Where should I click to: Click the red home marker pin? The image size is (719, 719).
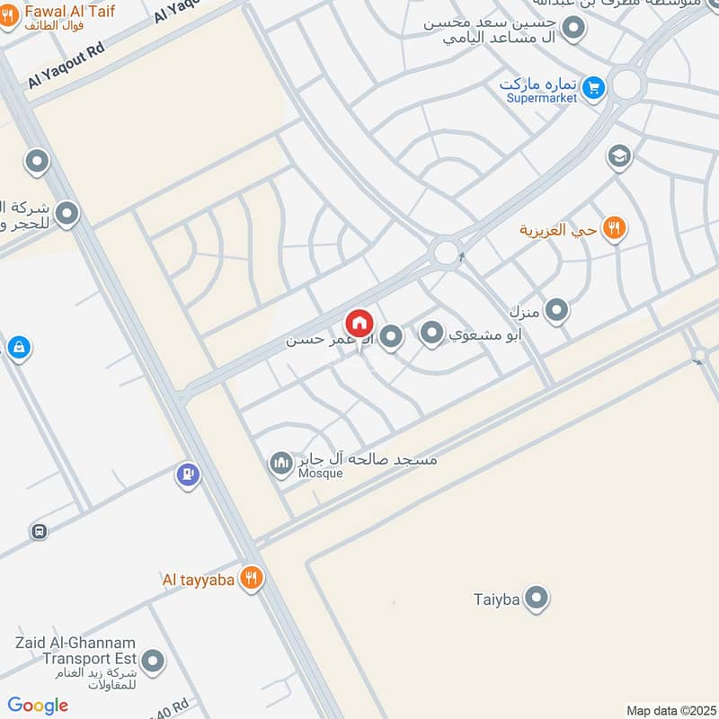[359, 323]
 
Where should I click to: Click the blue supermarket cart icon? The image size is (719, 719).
[591, 87]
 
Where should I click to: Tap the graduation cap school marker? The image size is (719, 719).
[618, 157]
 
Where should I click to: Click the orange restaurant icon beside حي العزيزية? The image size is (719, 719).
[615, 228]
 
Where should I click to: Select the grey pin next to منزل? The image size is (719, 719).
[557, 311]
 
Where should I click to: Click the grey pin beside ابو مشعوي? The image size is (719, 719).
[432, 335]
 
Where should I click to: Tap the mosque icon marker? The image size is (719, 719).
[281, 464]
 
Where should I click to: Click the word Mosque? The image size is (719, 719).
[321, 474]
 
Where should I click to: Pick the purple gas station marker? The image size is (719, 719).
[188, 473]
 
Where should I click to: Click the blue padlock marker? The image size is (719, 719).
[18, 347]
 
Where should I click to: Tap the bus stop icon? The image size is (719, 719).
[39, 530]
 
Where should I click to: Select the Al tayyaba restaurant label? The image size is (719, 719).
[198, 580]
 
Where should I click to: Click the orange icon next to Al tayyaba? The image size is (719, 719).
[252, 579]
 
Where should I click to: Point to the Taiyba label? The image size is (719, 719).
[496, 599]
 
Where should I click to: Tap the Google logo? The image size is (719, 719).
[38, 706]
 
